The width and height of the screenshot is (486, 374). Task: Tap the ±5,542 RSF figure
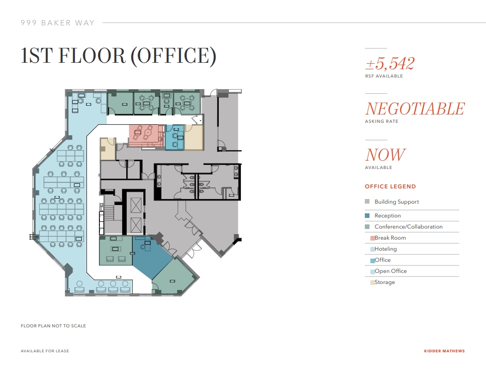[x=389, y=63]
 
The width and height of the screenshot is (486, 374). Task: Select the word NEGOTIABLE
[x=414, y=109]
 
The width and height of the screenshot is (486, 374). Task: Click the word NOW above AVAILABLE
[x=385, y=155]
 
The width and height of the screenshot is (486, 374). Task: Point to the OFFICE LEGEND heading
[x=390, y=187]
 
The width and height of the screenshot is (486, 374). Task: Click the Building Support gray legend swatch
[x=367, y=202]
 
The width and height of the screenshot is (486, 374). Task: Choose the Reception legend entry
[x=388, y=216]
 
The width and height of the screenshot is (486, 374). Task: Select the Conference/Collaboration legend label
[x=408, y=227]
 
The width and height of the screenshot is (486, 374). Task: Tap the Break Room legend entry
[x=390, y=238]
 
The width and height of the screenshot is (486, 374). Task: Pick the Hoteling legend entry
[x=385, y=249]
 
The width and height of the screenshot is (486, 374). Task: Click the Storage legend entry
[x=384, y=282]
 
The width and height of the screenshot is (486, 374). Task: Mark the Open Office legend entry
[x=390, y=271]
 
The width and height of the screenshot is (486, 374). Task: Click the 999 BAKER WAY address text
[x=57, y=23]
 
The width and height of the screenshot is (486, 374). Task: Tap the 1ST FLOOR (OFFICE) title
[x=118, y=55]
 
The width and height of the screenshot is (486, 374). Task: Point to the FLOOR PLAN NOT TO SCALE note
[x=53, y=326]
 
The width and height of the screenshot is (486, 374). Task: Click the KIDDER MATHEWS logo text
[x=444, y=351]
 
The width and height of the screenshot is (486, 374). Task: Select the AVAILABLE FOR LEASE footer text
[x=45, y=351]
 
